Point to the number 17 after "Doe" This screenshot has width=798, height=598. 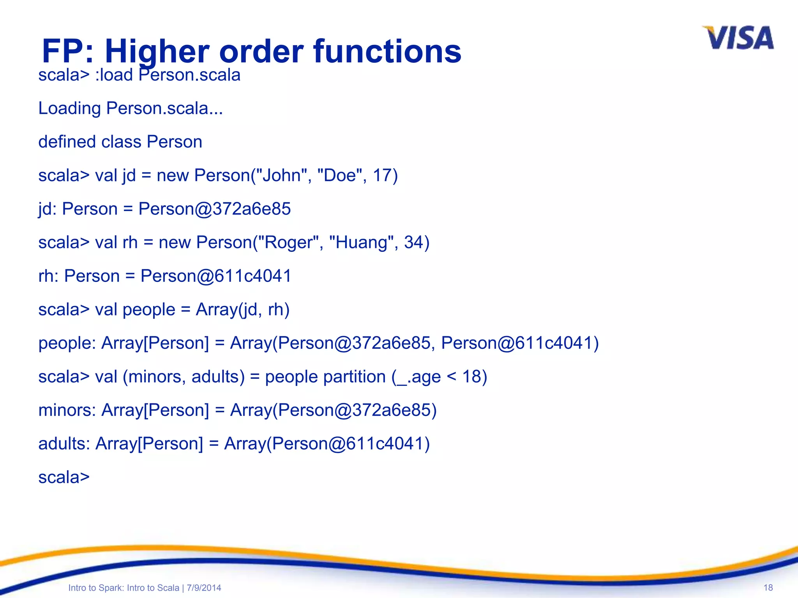(x=382, y=176)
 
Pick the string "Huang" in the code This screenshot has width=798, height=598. (x=358, y=243)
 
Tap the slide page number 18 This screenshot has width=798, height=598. (x=768, y=587)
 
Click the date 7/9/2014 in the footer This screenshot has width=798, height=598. (x=204, y=588)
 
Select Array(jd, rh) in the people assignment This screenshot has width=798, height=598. (x=242, y=310)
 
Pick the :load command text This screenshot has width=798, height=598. (x=114, y=75)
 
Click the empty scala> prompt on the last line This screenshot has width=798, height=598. (x=64, y=477)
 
